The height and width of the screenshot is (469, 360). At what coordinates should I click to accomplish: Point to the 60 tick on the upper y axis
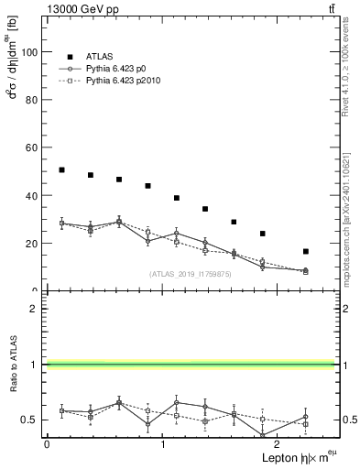34,147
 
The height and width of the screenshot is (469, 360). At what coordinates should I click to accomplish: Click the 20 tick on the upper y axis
34,244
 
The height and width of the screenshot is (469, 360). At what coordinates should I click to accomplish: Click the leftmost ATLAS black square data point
61,169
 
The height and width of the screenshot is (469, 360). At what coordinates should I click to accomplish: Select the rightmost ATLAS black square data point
305,251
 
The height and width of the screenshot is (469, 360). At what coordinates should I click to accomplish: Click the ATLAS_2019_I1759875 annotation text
191,274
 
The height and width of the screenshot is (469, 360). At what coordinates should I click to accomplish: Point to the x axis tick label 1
163,443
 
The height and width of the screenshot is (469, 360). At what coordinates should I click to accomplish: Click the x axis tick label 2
280,443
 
